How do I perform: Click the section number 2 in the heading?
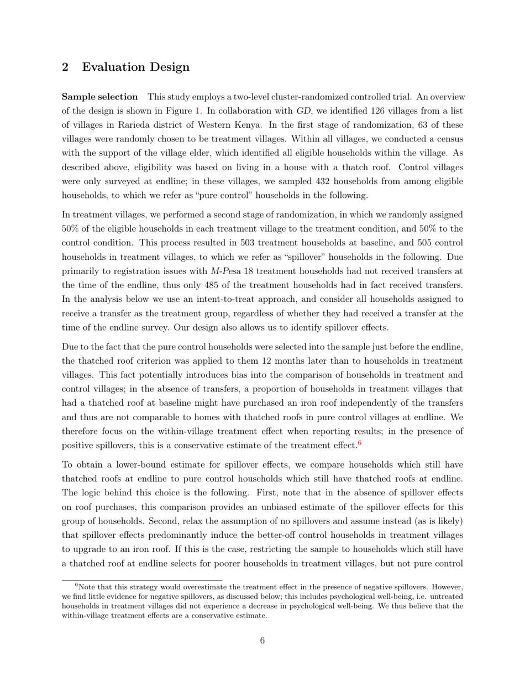point(65,67)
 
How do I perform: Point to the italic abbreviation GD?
point(304,111)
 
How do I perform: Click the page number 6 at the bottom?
point(262,641)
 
